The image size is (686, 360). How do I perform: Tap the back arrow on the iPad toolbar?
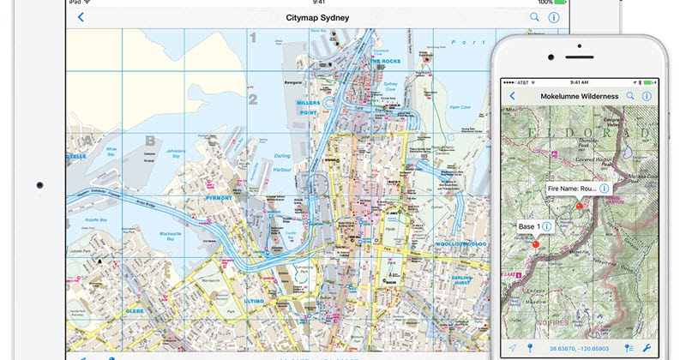pyautogui.click(x=81, y=17)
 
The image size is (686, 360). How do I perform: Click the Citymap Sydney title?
pyautogui.click(x=310, y=17)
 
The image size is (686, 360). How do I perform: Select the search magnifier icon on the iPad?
pyautogui.click(x=534, y=17)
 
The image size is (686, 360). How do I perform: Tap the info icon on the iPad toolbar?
pyautogui.click(x=554, y=17)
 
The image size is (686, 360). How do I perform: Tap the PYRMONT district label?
pyautogui.click(x=219, y=197)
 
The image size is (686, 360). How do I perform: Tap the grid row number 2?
pyautogui.click(x=253, y=99)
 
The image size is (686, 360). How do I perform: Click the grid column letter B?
pyautogui.click(x=151, y=141)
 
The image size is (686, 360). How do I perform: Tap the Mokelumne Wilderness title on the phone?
pyautogui.click(x=579, y=96)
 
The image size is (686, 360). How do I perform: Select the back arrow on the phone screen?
pyautogui.click(x=513, y=96)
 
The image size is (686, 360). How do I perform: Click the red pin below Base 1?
pyautogui.click(x=536, y=243)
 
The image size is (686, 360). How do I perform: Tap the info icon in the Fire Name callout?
pyautogui.click(x=604, y=188)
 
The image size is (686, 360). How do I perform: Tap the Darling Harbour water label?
pyautogui.click(x=284, y=162)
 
